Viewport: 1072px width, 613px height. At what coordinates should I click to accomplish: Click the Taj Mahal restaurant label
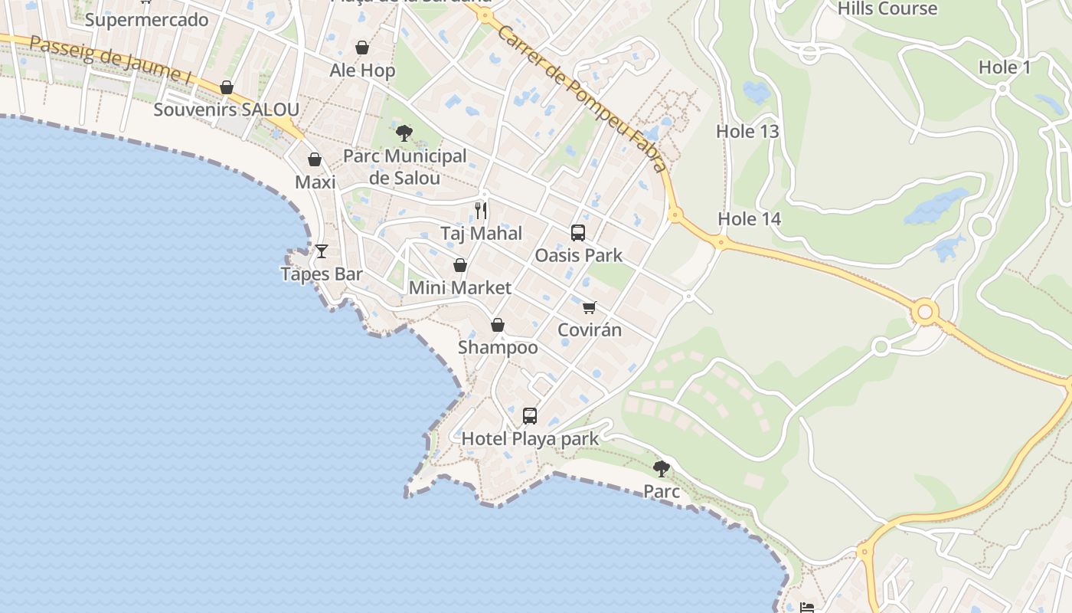481,234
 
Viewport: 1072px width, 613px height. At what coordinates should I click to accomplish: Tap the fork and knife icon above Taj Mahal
481,210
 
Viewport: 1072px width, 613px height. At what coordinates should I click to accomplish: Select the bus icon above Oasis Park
578,232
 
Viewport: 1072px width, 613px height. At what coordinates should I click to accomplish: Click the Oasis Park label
578,255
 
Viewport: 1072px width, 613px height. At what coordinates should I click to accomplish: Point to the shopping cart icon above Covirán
589,307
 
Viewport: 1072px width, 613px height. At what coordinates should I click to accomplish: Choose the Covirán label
589,330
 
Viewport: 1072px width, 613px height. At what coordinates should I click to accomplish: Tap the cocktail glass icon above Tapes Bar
322,251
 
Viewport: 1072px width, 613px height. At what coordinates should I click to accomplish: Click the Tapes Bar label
322,274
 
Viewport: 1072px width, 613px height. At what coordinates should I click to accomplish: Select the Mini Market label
459,288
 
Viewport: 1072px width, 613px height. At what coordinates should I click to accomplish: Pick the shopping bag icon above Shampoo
498,325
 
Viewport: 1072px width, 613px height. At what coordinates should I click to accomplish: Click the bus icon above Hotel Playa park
529,416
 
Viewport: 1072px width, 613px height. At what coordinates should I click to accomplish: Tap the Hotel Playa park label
530,439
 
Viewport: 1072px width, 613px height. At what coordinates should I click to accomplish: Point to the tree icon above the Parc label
662,468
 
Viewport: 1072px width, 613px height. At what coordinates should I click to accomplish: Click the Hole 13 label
747,132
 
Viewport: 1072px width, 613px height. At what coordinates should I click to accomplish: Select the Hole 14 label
749,219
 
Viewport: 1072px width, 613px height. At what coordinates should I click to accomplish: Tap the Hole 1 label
1005,67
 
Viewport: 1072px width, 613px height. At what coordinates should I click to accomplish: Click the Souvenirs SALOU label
226,110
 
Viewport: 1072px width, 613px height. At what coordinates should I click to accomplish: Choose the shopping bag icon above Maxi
315,159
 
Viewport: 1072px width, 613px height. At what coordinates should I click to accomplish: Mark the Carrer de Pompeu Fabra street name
583,97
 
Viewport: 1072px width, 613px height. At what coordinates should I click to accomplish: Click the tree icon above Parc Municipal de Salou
404,133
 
